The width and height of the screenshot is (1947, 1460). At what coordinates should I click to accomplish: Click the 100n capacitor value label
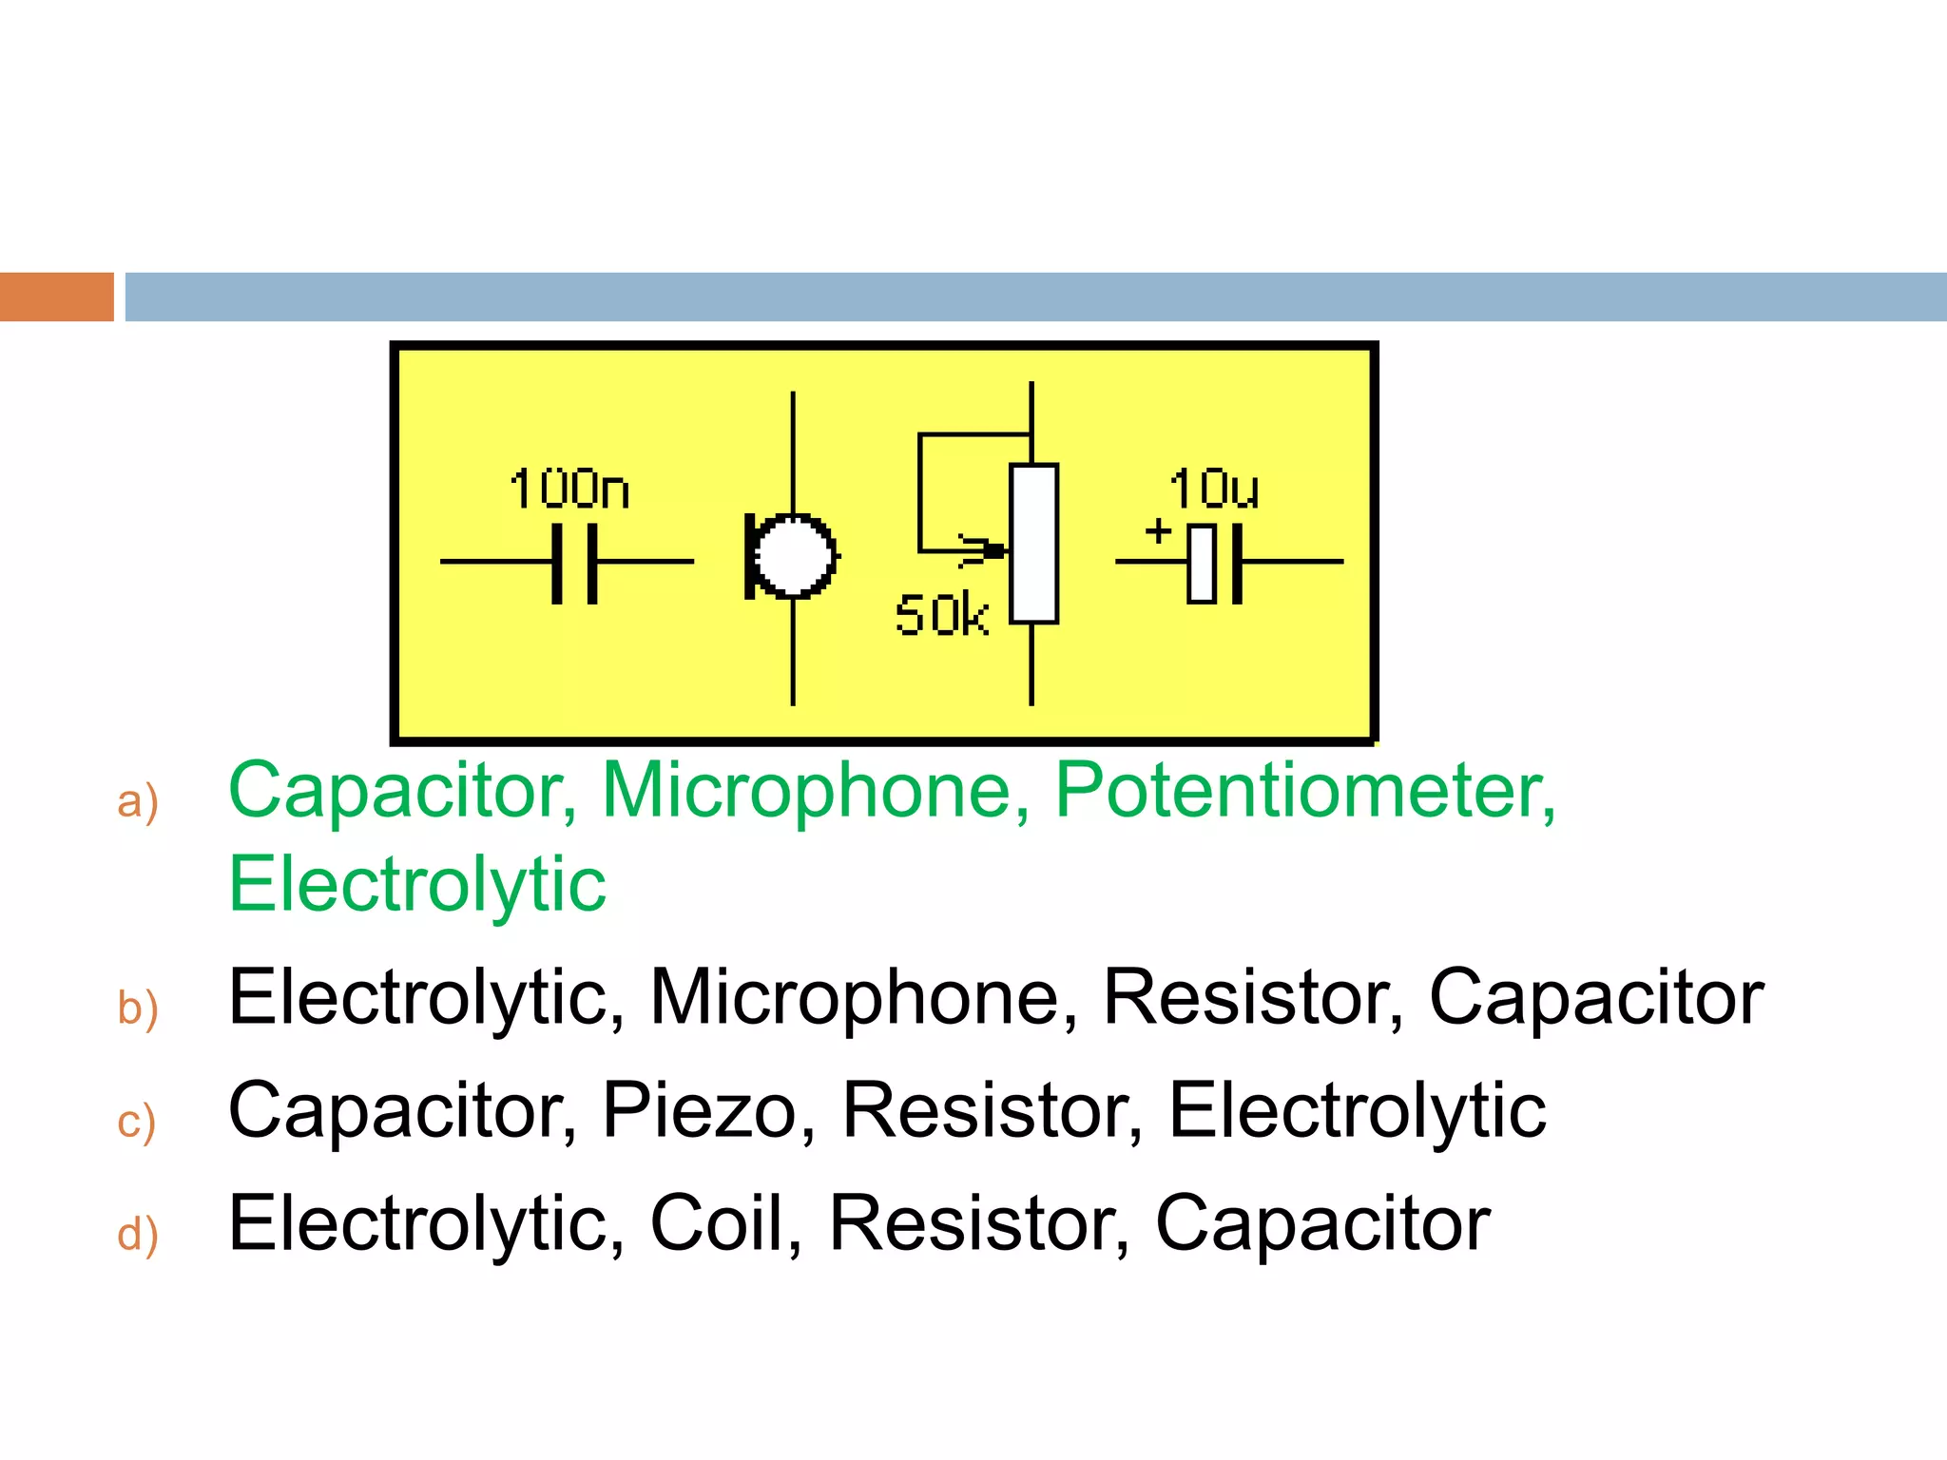569,490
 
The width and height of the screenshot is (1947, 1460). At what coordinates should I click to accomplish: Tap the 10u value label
1213,490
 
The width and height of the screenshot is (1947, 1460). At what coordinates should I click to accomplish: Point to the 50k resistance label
941,615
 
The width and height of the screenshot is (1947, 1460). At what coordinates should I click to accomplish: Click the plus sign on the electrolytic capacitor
1158,529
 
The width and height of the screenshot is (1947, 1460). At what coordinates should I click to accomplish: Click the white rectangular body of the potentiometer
1033,544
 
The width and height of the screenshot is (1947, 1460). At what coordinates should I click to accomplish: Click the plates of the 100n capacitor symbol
574,562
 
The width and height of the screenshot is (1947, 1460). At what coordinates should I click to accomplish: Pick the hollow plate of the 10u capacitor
1202,563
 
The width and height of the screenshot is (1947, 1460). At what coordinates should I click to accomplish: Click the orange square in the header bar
56,297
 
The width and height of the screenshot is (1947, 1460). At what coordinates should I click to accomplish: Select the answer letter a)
137,801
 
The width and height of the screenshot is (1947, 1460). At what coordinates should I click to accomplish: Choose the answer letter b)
137,1008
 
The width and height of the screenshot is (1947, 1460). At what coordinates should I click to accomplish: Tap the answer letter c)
136,1122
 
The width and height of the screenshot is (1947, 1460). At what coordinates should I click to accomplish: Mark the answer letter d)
137,1235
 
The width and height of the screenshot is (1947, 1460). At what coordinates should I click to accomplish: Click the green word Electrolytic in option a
416,885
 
